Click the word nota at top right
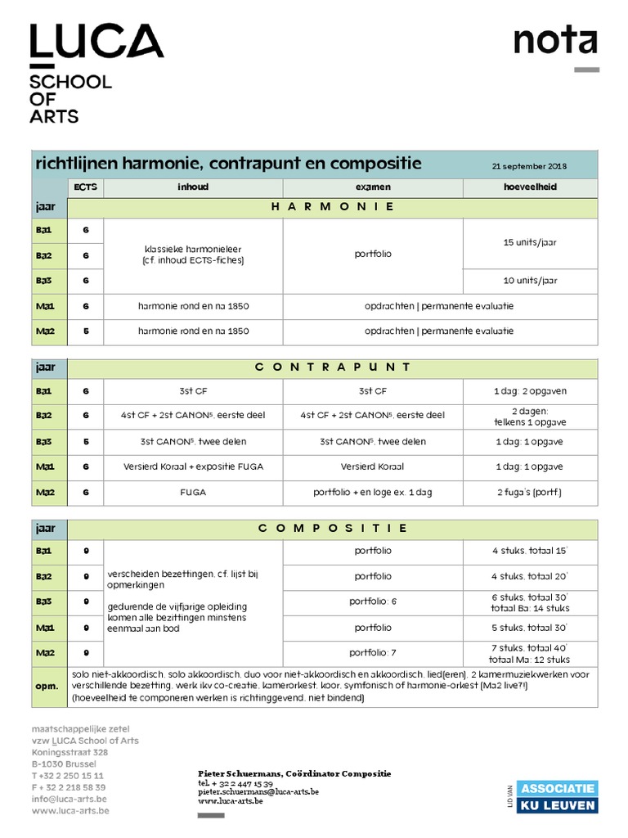(554, 41)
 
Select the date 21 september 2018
(529, 166)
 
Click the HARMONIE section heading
(332, 207)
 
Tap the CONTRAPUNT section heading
(332, 367)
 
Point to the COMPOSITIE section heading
(332, 529)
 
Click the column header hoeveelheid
(530, 187)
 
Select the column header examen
(372, 187)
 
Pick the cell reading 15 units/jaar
(530, 243)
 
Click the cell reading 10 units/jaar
(530, 280)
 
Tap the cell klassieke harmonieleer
(193, 254)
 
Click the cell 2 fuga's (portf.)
(530, 493)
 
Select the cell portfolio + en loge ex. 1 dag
(372, 493)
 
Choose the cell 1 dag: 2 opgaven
(530, 391)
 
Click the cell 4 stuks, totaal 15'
(530, 551)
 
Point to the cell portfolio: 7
(372, 652)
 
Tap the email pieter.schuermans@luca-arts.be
(258, 792)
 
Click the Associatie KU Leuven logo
(558, 796)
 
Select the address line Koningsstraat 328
(70, 752)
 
